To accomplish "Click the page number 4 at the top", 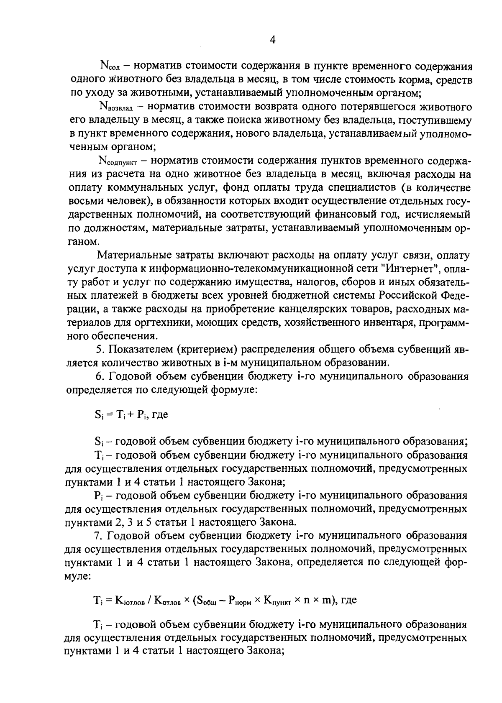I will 272,40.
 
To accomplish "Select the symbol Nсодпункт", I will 119,161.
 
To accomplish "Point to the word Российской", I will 407,295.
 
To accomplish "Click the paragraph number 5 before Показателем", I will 98,349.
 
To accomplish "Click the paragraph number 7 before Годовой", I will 98,536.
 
